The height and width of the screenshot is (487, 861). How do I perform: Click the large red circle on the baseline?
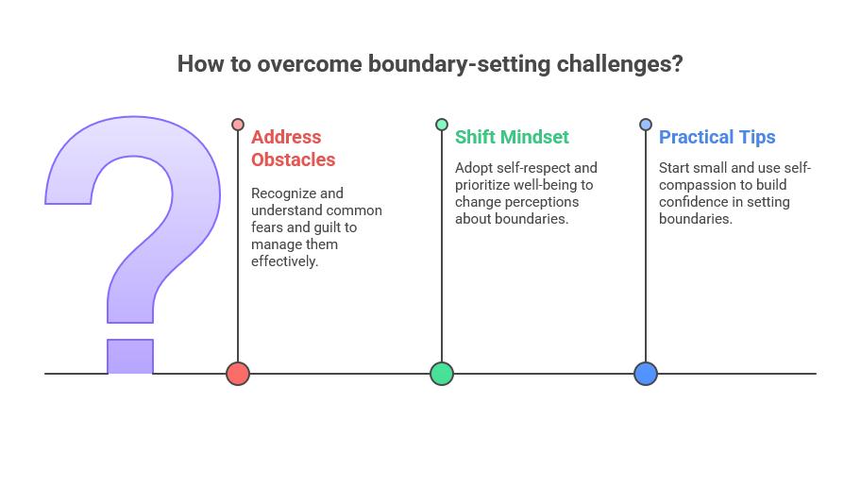[238, 374]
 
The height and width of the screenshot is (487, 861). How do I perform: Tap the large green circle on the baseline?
[442, 374]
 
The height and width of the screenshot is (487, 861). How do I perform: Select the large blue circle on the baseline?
[646, 374]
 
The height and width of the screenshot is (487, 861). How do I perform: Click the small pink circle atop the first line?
[238, 124]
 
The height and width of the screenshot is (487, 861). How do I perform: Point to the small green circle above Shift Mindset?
[442, 124]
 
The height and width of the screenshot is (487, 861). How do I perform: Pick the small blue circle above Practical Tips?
[646, 124]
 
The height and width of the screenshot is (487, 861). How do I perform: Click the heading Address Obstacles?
[294, 148]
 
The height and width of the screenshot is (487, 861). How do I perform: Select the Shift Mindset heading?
[512, 137]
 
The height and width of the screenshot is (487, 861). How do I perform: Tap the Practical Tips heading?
[717, 137]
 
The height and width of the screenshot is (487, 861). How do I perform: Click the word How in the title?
[201, 63]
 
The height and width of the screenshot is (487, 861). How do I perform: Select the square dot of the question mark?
[130, 357]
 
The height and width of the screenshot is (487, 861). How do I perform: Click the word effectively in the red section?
[283, 261]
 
